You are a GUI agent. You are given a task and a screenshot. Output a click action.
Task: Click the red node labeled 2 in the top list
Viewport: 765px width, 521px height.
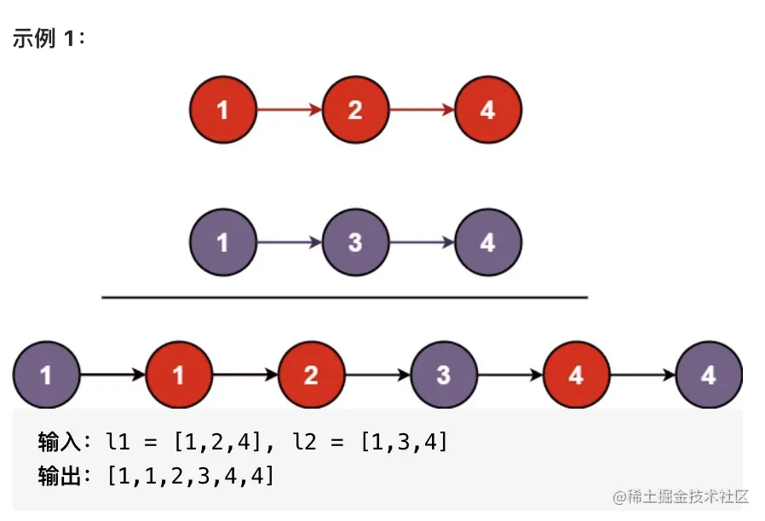point(356,110)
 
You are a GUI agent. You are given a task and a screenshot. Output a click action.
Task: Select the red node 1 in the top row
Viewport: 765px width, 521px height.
point(223,110)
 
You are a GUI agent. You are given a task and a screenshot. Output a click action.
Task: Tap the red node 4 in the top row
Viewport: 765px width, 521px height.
point(488,110)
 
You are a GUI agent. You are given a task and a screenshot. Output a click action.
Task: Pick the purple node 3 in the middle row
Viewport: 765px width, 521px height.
point(356,243)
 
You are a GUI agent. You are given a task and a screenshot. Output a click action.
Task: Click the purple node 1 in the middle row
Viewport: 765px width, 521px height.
point(223,243)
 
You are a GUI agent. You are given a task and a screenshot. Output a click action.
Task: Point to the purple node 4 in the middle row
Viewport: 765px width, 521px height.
point(488,243)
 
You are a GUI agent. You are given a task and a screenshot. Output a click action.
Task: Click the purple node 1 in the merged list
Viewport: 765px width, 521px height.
point(46,375)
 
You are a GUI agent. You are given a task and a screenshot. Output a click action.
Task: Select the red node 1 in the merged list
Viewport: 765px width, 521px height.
point(179,375)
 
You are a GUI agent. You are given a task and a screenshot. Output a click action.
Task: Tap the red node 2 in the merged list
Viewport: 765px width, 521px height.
point(311,375)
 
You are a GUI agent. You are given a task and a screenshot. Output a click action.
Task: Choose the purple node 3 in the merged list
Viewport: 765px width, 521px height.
point(444,375)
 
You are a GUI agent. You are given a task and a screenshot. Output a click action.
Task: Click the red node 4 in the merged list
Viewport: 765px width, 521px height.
point(577,375)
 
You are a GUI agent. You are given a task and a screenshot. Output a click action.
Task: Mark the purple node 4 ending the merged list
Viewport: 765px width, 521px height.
point(709,375)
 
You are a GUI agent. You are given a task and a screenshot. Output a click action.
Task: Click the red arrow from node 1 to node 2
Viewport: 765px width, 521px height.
point(290,110)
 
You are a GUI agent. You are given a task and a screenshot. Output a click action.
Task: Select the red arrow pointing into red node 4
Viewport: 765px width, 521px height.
point(422,110)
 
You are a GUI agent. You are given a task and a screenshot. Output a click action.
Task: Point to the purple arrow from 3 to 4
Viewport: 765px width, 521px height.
point(422,243)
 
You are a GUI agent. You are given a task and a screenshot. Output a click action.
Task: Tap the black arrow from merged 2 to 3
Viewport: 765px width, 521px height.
point(377,375)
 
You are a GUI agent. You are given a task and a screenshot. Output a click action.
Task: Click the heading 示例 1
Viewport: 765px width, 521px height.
point(49,38)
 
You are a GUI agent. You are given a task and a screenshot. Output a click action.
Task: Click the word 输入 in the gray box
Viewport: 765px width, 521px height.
point(59,442)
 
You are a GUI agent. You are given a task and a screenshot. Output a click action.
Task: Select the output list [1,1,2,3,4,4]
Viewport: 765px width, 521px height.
point(190,476)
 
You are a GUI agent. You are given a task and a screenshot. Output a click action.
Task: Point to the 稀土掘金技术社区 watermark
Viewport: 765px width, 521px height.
point(681,496)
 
